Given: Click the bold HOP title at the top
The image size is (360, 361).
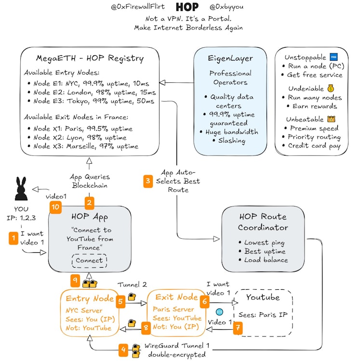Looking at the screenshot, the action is coord(187,7).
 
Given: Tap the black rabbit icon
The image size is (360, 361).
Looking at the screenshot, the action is coord(21,188).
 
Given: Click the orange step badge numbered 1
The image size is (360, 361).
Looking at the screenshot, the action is coord(13,238).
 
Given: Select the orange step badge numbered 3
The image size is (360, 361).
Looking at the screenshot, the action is coord(148,181).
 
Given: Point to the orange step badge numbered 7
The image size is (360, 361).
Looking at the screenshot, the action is coord(238,328).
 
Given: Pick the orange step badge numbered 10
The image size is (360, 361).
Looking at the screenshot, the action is coord(55,207).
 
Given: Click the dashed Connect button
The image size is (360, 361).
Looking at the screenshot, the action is coord(90,260).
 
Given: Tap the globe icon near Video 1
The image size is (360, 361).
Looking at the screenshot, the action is coord(219,312).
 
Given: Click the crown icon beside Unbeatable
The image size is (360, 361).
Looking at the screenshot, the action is coord(331,119).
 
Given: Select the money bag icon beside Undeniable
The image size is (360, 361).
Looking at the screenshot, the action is coord(331,88).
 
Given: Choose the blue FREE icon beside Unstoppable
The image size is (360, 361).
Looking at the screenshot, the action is coord(333,57).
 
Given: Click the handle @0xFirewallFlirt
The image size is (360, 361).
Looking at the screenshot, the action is coord(138,7).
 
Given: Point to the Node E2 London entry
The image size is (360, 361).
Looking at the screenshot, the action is coord(94,92).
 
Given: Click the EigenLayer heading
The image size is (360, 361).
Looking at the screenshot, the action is coord(230,58).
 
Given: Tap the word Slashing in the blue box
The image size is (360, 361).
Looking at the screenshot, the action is coord(232,140).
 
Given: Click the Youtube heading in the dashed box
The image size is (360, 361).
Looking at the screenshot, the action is coord(263,297).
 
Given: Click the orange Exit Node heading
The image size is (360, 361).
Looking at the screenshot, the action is coord(176,297).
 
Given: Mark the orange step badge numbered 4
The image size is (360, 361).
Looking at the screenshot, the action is coord(123,350).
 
